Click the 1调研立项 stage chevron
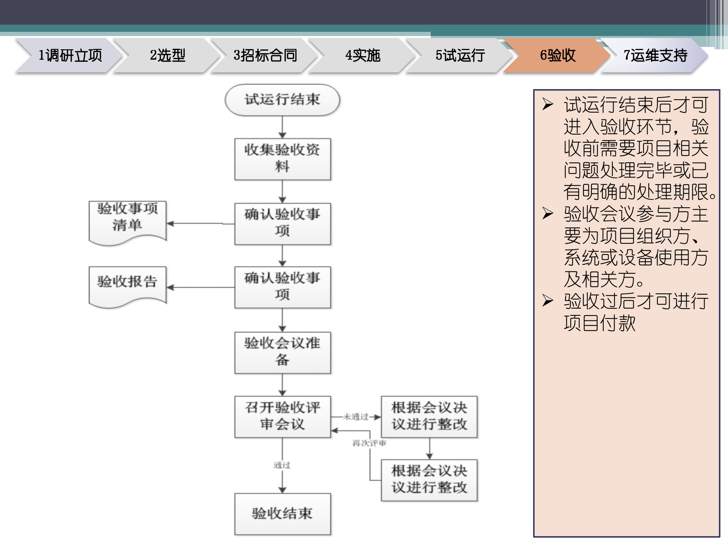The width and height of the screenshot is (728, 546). point(70,55)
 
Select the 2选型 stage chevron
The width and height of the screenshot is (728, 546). point(167,55)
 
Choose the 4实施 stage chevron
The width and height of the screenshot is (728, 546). point(362,55)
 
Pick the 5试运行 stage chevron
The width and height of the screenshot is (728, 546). point(460,55)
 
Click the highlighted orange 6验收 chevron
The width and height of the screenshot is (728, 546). point(557,55)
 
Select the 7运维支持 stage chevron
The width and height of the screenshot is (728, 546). point(655,55)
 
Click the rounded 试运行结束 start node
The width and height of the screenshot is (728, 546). point(282,100)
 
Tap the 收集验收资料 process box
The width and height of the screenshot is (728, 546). point(282,159)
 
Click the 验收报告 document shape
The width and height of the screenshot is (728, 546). point(127,284)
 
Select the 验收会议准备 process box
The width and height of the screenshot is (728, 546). point(282,352)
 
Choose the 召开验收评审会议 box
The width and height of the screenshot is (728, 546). point(282,416)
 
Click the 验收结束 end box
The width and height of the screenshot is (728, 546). point(282,514)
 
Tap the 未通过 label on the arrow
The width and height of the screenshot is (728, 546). point(356,417)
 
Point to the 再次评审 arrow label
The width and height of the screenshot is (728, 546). point(369,443)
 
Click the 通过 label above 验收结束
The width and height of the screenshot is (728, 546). point(282,465)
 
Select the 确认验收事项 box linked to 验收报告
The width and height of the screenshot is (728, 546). point(282,287)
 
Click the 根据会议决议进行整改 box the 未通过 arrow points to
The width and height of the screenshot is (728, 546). point(429,416)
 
